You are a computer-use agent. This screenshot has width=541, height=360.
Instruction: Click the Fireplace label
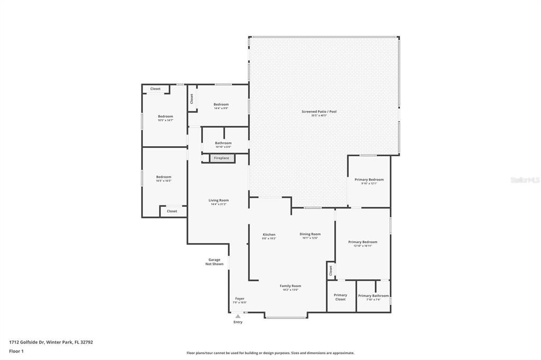tap(221, 158)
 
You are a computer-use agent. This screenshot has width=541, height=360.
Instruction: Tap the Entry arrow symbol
tap(238, 317)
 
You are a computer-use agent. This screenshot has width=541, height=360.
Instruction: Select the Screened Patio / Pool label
tap(319, 111)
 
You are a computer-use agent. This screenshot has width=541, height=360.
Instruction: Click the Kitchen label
tap(269, 234)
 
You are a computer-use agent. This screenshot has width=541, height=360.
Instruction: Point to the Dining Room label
tap(310, 234)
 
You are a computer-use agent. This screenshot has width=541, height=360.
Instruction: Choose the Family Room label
tap(290, 286)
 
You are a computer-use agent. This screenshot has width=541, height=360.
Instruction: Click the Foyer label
tap(240, 298)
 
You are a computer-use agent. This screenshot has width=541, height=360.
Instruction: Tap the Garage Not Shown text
tap(214, 262)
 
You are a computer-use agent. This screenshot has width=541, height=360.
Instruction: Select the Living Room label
tap(218, 200)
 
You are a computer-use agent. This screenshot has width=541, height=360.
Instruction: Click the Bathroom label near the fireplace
tap(223, 143)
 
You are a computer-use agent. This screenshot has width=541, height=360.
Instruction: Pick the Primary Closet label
tap(340, 297)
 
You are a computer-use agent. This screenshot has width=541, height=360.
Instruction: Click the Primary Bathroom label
tap(374, 296)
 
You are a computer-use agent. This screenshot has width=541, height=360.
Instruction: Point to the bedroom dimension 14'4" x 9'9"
tap(221, 109)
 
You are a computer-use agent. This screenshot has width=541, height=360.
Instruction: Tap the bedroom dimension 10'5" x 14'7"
tap(165, 120)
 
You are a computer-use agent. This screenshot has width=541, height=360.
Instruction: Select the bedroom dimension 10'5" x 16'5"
tap(163, 181)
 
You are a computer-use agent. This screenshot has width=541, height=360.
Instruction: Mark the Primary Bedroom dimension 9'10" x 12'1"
tap(369, 184)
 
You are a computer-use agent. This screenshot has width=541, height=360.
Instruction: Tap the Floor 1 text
tap(16, 350)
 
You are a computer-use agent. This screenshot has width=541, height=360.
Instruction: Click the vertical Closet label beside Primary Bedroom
tap(331, 270)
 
